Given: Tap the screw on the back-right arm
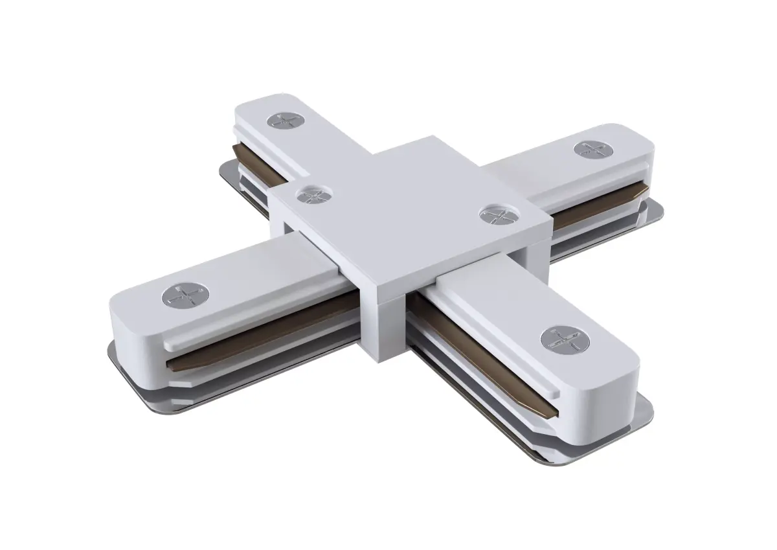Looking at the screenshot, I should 589,149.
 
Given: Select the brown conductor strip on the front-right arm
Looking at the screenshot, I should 479,350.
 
